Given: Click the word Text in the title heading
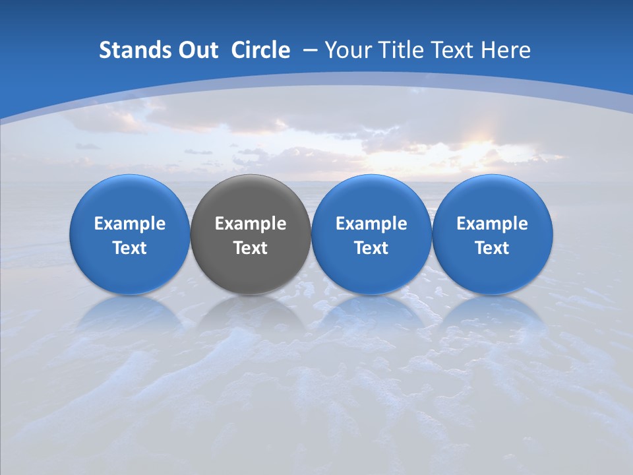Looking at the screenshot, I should point(454,50).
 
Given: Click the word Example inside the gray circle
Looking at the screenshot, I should point(251,224).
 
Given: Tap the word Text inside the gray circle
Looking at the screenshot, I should point(251,248).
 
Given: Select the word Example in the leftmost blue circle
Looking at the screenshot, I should point(130,224).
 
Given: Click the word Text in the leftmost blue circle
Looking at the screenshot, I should point(130,248).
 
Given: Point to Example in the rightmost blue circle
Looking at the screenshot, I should point(492,224).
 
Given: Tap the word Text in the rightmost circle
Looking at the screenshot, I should point(492,248).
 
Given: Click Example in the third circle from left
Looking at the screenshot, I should point(371,224).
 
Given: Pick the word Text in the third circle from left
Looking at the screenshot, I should point(371,248).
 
